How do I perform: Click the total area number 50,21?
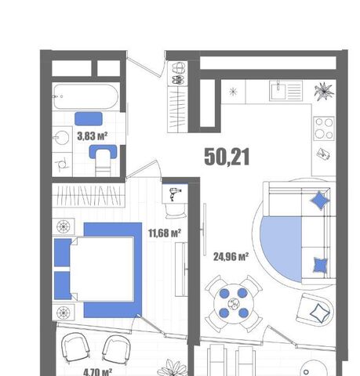tap(227, 157)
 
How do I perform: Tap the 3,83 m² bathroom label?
tap(93, 136)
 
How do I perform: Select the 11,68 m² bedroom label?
tap(165, 233)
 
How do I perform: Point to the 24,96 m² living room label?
tap(231, 257)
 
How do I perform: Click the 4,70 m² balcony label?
tap(98, 372)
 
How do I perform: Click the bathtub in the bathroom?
tap(86, 96)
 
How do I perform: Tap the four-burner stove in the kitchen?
tap(324, 128)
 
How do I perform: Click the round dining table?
tap(234, 304)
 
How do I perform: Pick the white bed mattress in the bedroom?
tap(102, 269)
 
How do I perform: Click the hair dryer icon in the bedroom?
tap(175, 193)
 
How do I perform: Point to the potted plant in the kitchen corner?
tap(324, 91)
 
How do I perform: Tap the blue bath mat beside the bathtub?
tap(89, 119)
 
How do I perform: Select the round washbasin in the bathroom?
tap(61, 137)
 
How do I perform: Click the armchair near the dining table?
tap(315, 309)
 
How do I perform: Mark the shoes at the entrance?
tap(179, 74)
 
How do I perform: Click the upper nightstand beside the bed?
tap(64, 226)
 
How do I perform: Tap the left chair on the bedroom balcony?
tap(75, 348)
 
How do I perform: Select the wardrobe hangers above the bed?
tap(89, 195)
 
